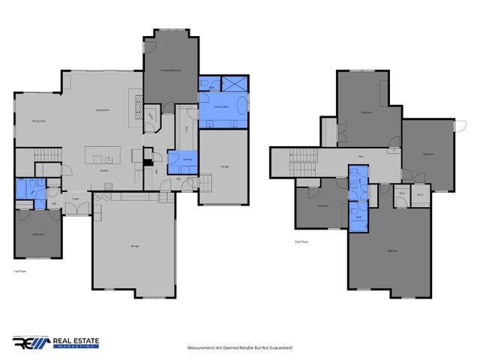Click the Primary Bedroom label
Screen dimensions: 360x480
[171, 70]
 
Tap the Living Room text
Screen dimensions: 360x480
[103, 109]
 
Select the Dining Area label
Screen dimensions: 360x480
[40, 121]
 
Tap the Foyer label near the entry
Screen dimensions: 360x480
[76, 199]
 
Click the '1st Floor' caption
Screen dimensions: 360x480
[21, 270]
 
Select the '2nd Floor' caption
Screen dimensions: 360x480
[302, 241]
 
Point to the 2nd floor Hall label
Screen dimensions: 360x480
[361, 155]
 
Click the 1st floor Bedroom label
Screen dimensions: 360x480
[37, 235]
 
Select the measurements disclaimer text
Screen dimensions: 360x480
[239, 348]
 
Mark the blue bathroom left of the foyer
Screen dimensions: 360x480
[30, 191]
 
